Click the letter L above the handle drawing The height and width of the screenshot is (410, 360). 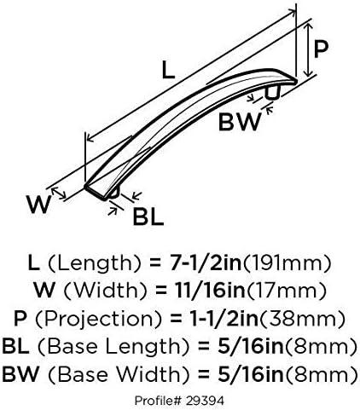point(168,70)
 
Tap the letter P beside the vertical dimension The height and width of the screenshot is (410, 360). point(321,49)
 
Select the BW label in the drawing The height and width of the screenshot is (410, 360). point(239,122)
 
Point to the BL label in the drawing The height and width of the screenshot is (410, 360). point(148,217)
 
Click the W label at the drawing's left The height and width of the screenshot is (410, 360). point(39,205)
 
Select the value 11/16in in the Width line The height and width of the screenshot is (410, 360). point(210,291)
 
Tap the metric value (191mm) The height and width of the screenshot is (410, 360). point(287,263)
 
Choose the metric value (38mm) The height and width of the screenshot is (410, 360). point(303,319)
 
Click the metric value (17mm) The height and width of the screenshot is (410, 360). point(286,291)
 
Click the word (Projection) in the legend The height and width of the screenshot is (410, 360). point(98,319)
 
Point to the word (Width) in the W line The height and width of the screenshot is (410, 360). point(105,291)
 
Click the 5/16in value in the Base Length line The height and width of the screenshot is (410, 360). point(251,346)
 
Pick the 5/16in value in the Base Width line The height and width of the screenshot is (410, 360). point(251,374)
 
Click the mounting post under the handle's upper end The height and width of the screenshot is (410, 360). point(273,93)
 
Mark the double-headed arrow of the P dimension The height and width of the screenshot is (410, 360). point(308,50)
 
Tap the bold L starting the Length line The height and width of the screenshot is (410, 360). point(34,263)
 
